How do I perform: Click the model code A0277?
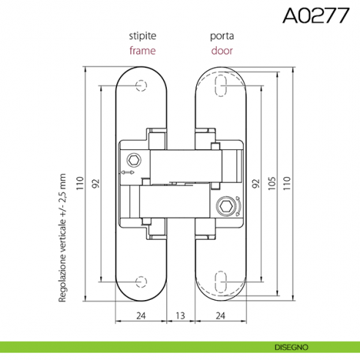click(x=316, y=15)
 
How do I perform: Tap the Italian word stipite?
click(x=143, y=36)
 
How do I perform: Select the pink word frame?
click(x=143, y=50)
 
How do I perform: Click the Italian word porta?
click(x=222, y=37)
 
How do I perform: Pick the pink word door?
click(x=222, y=50)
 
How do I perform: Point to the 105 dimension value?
click(x=272, y=183)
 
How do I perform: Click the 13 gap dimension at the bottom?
click(x=180, y=315)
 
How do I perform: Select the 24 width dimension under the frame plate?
click(x=141, y=315)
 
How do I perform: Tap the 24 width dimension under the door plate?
click(x=220, y=315)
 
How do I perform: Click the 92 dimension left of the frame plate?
click(x=96, y=184)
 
